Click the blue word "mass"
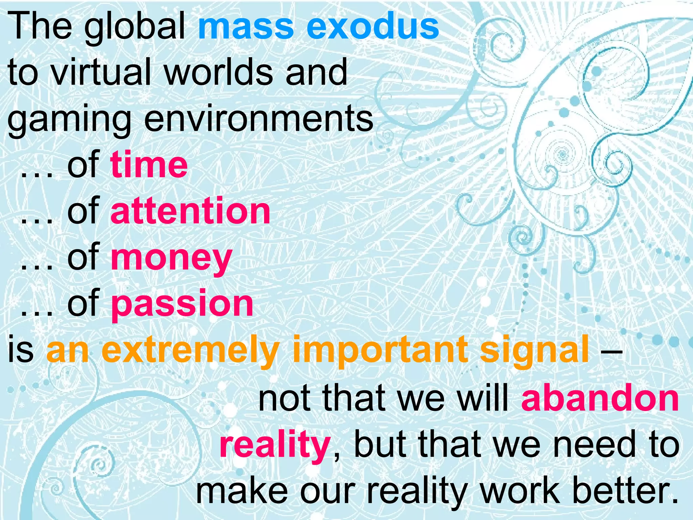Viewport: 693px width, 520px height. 246,27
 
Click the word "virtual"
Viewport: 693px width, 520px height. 102,72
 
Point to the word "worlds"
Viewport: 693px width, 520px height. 219,72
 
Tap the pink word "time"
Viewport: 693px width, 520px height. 149,165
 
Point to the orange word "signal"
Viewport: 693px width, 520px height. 534,350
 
